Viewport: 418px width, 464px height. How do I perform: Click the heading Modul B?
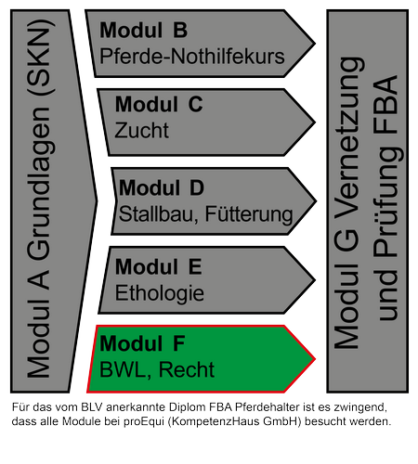(143, 30)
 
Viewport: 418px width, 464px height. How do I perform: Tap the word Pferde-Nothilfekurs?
(192, 57)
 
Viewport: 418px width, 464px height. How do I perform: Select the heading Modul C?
(159, 104)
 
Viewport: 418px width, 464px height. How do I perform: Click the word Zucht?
(142, 130)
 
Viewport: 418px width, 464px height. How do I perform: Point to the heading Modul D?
(162, 187)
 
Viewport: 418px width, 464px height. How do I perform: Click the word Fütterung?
(249, 214)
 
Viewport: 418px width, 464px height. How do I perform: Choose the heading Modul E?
(159, 266)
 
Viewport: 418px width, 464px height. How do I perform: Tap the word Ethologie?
(160, 293)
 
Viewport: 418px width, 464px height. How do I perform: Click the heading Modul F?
(142, 343)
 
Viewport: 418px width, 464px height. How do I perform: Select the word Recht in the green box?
(187, 369)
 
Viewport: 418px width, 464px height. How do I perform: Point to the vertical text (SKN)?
(39, 58)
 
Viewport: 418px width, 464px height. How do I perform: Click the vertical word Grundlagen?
(40, 184)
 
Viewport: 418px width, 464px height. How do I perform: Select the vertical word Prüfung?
(386, 201)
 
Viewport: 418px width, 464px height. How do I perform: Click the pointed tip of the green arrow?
(315, 359)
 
